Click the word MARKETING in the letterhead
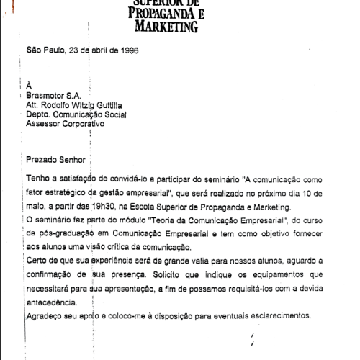(x=166, y=27)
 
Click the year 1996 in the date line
(x=128, y=50)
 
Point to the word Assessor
(x=44, y=123)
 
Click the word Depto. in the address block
(x=39, y=114)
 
